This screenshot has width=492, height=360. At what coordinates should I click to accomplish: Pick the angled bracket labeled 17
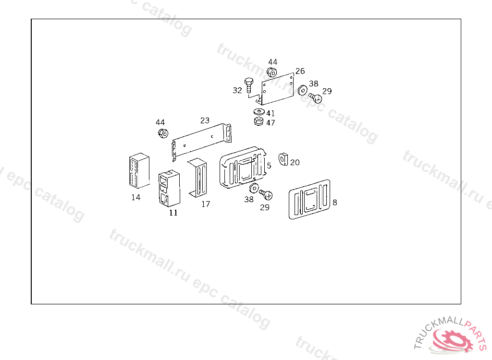[x=198, y=178]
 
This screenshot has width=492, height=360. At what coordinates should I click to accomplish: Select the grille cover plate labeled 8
[x=309, y=199]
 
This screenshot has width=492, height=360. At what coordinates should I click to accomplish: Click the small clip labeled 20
[x=283, y=158]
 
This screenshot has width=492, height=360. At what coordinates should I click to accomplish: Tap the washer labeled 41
[x=258, y=112]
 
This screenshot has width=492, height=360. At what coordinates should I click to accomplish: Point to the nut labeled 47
[x=258, y=121]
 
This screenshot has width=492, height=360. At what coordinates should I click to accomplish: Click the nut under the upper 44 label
[x=271, y=72]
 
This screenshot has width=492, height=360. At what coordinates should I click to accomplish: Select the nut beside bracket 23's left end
[x=162, y=132]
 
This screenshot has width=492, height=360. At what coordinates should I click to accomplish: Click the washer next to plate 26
[x=302, y=90]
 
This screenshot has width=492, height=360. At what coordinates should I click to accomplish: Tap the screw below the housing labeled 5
[x=266, y=194]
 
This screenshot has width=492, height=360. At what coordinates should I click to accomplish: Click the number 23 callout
[x=205, y=120]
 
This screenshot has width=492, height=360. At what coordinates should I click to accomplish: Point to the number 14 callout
[x=136, y=197]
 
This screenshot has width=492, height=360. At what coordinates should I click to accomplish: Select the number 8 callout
[x=335, y=203]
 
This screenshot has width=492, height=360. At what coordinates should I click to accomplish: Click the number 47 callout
[x=271, y=123]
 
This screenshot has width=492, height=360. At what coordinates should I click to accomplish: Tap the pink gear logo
[x=452, y=341]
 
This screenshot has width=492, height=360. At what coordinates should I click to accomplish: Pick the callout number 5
[x=269, y=166]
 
